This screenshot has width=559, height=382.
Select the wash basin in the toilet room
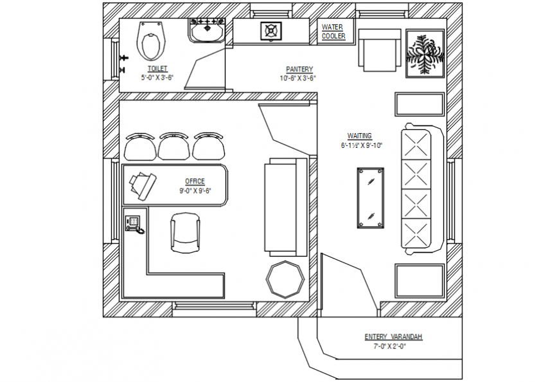click(206, 31)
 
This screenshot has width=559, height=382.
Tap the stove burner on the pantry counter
click(271, 30)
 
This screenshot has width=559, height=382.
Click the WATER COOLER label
click(333, 32)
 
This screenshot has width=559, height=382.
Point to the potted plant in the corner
click(425, 54)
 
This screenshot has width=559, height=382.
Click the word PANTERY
click(299, 69)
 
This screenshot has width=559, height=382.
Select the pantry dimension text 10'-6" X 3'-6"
click(298, 78)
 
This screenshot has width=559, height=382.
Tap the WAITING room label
click(360, 136)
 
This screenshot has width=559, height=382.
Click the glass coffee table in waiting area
click(371, 197)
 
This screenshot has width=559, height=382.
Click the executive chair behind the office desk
click(185, 233)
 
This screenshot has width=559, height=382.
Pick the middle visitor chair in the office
click(175, 147)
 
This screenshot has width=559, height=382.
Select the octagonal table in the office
click(285, 278)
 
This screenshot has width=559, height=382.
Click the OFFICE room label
click(195, 181)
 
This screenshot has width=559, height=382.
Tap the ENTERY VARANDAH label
click(393, 337)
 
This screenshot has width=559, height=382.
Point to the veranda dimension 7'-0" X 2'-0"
click(393, 346)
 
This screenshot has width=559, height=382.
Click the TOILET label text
click(157, 68)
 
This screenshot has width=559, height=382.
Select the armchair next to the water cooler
click(379, 50)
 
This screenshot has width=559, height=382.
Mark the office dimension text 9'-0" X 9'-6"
click(195, 190)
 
